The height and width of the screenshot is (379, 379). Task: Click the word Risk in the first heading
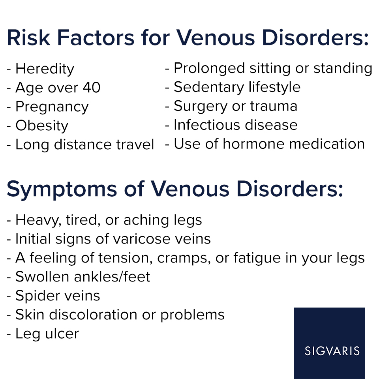pos(28,38)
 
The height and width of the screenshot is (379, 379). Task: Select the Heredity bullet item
pos(40,69)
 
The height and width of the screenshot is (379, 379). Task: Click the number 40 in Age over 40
pos(91,88)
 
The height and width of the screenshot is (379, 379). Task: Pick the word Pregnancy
pos(52,107)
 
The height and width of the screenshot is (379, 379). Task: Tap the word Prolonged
pos(209,69)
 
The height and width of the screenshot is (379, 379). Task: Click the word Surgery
pos(201,107)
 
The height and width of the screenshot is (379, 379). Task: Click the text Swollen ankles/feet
pos(83,277)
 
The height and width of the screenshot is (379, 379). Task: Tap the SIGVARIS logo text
pos(332,351)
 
